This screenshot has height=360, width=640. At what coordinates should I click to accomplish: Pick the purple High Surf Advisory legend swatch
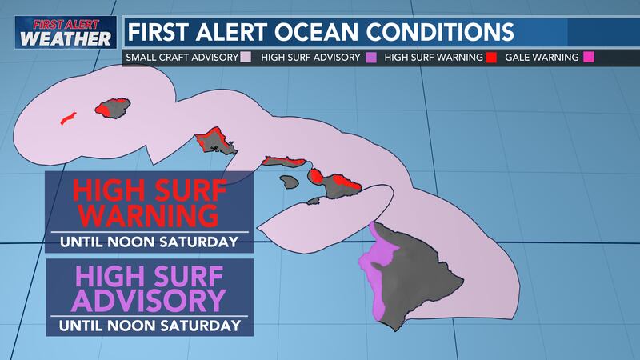coord(370,58)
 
